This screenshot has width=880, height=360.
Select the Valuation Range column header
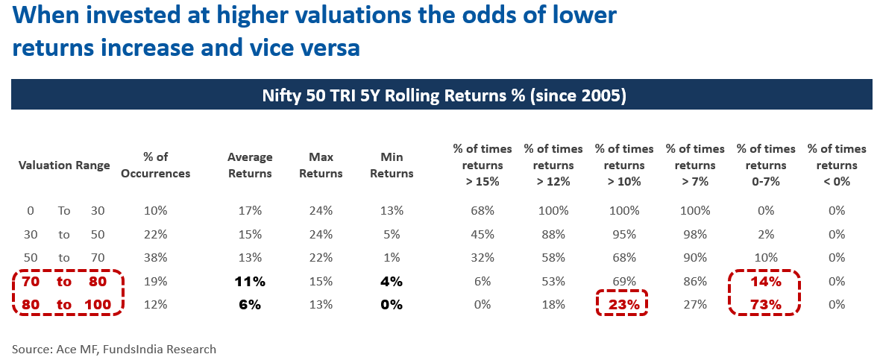[x=64, y=165]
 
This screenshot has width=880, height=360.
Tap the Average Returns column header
[x=250, y=165]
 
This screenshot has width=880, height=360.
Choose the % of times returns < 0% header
[x=837, y=165]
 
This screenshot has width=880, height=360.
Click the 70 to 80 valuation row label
[x=64, y=282]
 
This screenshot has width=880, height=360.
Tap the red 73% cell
[x=765, y=304]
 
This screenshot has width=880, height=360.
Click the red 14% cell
[x=765, y=282]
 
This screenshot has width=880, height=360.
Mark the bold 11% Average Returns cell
[x=250, y=282]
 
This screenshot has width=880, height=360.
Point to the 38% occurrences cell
[x=156, y=258]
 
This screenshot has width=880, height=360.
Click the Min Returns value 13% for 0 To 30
[x=392, y=211]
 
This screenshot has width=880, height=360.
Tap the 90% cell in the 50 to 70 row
[x=695, y=258]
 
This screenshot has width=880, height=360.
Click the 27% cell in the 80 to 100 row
[x=695, y=304]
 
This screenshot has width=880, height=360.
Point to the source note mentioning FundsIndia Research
[x=114, y=348]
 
